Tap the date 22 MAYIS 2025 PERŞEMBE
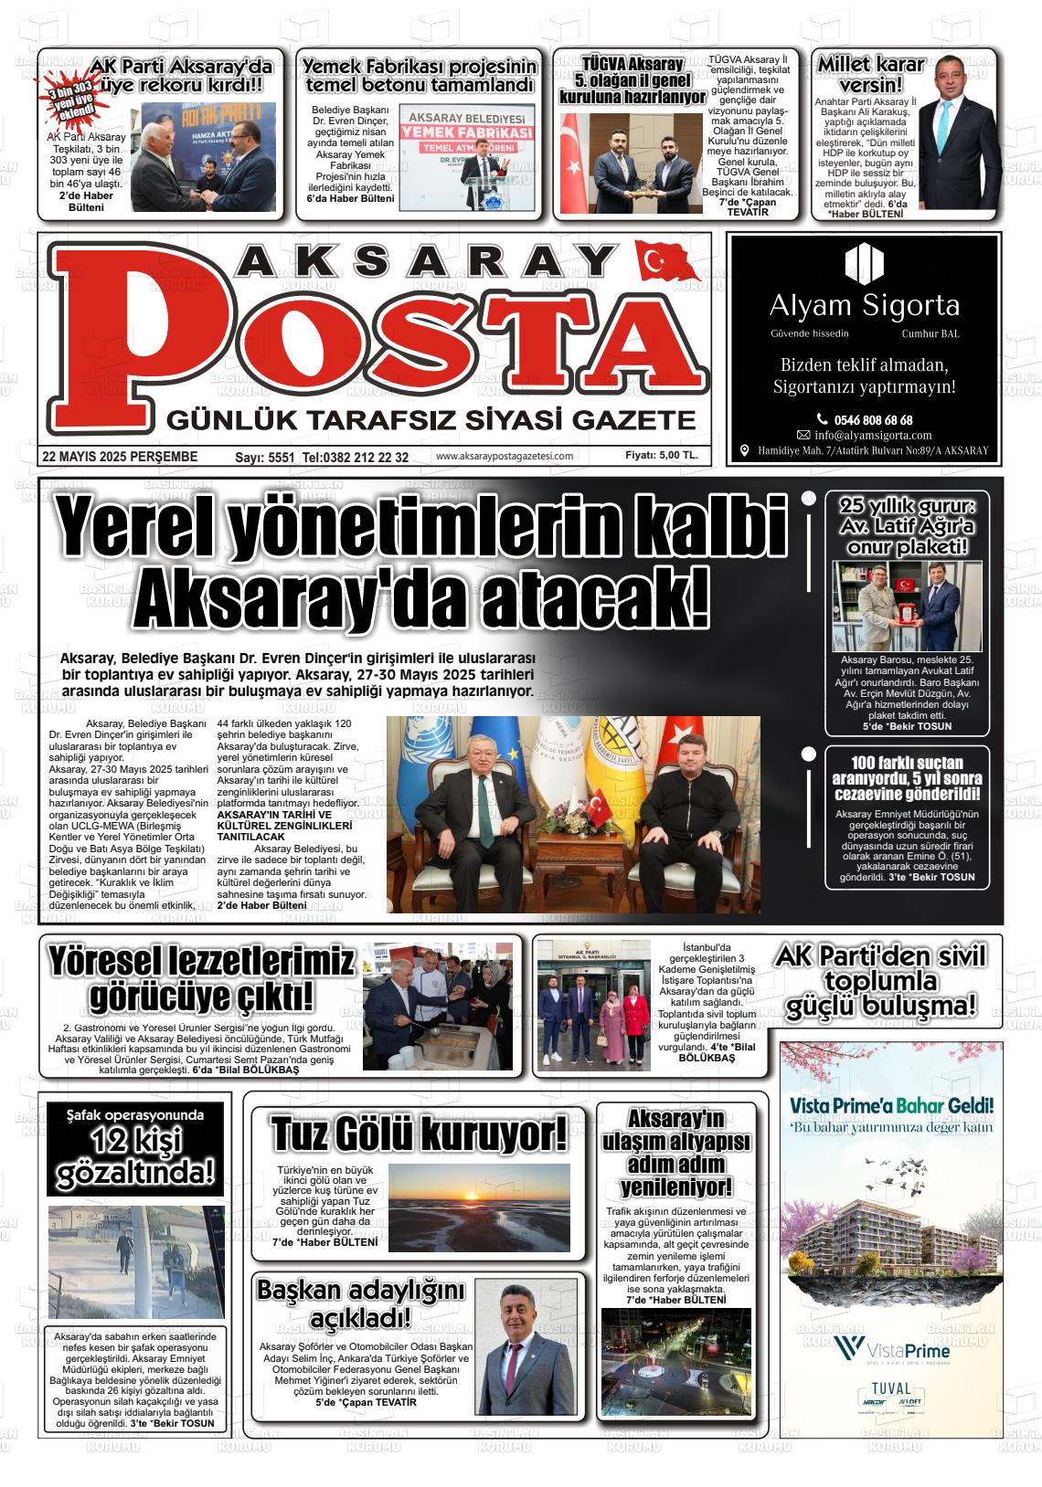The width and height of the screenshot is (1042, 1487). (x=120, y=457)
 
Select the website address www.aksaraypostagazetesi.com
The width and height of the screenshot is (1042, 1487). (x=505, y=457)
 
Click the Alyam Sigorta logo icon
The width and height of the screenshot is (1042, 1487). (x=864, y=263)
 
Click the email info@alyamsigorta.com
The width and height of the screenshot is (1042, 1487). (x=873, y=435)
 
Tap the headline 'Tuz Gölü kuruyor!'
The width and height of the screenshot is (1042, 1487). (x=419, y=1135)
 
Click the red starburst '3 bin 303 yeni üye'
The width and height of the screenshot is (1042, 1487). (x=71, y=105)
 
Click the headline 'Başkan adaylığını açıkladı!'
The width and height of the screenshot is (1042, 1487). (x=360, y=1303)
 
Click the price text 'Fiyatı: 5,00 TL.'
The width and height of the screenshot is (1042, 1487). (x=661, y=455)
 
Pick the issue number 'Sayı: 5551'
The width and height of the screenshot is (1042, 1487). (x=265, y=457)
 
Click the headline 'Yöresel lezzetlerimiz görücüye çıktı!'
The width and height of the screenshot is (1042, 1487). (x=201, y=980)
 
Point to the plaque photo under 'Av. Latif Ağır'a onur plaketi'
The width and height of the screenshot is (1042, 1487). (x=907, y=606)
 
